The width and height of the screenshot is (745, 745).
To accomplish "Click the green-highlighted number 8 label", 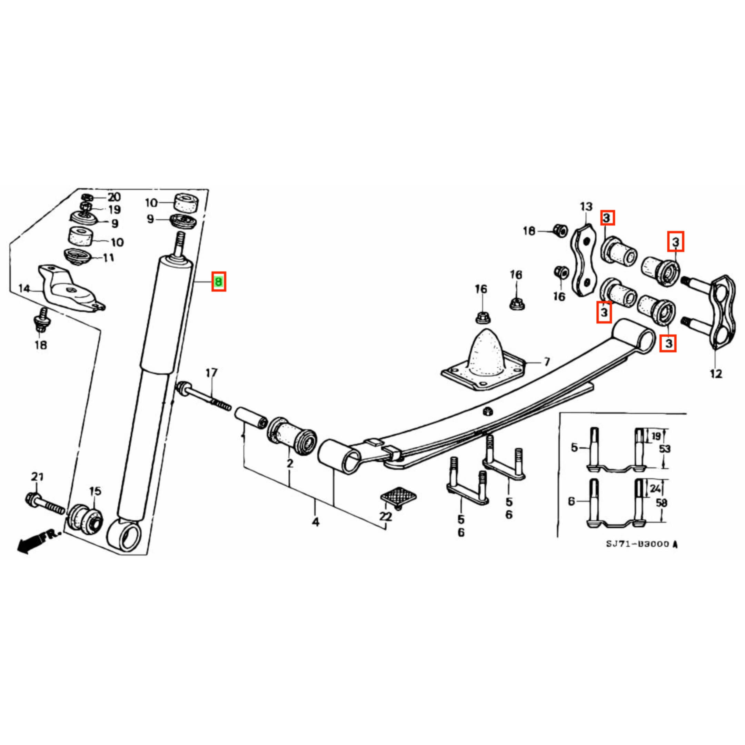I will tap(219, 281).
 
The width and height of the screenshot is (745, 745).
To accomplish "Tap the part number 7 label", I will tap(546, 362).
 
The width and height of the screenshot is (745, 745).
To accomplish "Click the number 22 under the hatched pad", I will tap(385, 516).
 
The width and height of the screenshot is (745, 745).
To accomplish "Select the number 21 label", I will tap(37, 477).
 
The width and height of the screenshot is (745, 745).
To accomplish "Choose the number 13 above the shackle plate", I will tap(586, 207).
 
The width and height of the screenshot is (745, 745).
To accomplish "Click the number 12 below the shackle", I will tap(716, 373).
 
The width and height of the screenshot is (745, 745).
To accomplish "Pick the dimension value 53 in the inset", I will tap(664, 449).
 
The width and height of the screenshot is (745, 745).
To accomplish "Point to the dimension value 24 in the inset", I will tap(655, 489).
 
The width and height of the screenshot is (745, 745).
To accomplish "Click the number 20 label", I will tap(114, 197).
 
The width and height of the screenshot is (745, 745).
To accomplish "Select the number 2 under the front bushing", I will tap(290, 463).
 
